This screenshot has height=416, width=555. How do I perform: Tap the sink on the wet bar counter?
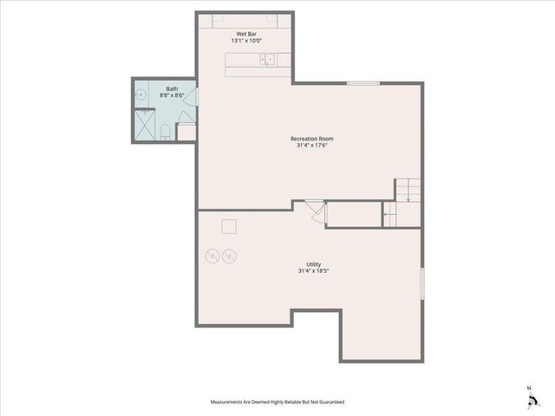pyautogui.click(x=268, y=59)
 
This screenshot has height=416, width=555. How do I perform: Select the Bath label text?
pyautogui.click(x=172, y=88)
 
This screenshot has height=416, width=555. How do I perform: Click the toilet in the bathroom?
pyautogui.click(x=165, y=132)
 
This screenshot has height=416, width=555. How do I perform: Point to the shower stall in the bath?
pyautogui.click(x=144, y=126)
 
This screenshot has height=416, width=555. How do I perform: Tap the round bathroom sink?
pyautogui.click(x=139, y=95)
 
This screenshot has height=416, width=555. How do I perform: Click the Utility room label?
pyautogui.click(x=314, y=264)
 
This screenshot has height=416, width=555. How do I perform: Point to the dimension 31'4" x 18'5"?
pyautogui.click(x=314, y=271)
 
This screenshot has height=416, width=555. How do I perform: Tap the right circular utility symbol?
pyautogui.click(x=230, y=256)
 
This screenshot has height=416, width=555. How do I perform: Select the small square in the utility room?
pyautogui.click(x=229, y=226)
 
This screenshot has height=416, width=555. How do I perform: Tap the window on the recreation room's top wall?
pyautogui.click(x=363, y=83)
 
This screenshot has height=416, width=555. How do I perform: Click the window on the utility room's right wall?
pyautogui.click(x=422, y=284)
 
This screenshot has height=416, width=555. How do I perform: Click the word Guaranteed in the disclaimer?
pyautogui.click(x=328, y=402)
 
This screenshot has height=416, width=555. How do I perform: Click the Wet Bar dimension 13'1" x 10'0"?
pyautogui.click(x=246, y=41)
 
